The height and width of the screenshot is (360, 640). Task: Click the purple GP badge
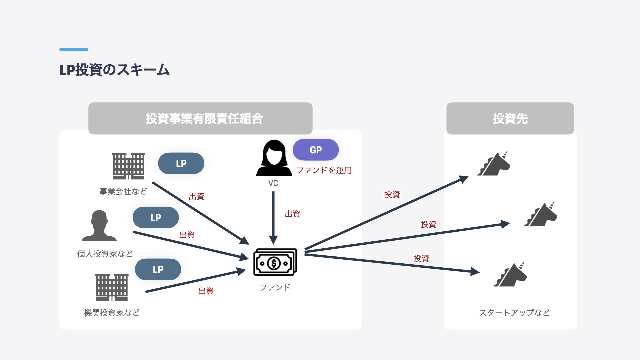click(315, 150)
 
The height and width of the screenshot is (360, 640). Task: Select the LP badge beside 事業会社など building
click(181, 163)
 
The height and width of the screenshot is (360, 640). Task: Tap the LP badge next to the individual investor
click(156, 217)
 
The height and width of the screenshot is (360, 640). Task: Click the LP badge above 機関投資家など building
click(158, 269)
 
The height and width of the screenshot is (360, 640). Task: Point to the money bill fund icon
click(275, 262)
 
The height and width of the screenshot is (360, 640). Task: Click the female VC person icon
click(274, 158)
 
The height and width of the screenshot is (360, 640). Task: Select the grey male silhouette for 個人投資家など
click(99, 226)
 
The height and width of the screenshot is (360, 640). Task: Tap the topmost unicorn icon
click(494, 164)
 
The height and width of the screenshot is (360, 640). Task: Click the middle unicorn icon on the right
click(541, 215)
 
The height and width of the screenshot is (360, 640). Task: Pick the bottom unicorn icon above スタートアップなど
click(510, 275)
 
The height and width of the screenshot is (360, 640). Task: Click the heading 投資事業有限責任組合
click(204, 118)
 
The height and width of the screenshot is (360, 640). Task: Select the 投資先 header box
click(510, 118)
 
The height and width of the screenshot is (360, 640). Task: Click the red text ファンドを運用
click(324, 170)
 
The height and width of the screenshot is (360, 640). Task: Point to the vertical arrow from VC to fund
click(273, 217)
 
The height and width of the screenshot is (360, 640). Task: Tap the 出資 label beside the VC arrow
click(293, 214)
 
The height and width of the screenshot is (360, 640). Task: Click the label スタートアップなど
click(514, 313)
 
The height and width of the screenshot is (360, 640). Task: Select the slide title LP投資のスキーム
click(114, 70)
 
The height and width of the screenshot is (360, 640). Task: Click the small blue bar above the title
click(74, 50)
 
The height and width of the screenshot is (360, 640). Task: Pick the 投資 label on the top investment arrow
click(392, 194)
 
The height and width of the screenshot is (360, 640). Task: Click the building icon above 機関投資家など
click(112, 287)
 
